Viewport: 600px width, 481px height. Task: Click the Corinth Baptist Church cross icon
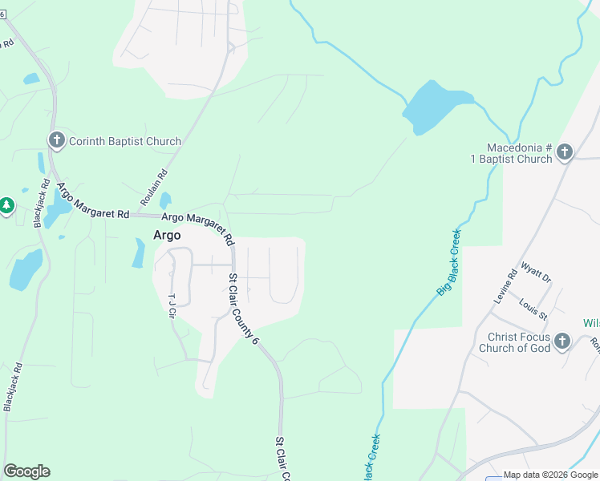pos(57,141)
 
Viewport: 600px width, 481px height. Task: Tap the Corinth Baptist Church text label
pos(124,142)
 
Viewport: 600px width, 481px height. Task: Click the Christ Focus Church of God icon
pos(561,342)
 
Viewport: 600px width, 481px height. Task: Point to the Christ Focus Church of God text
pos(514,342)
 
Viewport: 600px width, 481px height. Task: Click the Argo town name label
pos(167,236)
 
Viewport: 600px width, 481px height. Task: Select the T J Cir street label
pos(171,304)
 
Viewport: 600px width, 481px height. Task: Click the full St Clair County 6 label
pos(244,309)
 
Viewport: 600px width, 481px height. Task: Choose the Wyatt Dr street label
pos(536,272)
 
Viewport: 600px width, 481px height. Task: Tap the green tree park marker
pos(6,206)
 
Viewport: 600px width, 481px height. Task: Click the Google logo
pos(26,471)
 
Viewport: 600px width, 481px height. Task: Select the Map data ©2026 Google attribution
pos(550,475)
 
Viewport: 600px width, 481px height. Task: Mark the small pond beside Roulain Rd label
pos(165,200)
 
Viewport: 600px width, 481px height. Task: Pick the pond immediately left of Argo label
pos(139,253)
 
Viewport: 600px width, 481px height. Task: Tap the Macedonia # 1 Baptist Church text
pos(520,153)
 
